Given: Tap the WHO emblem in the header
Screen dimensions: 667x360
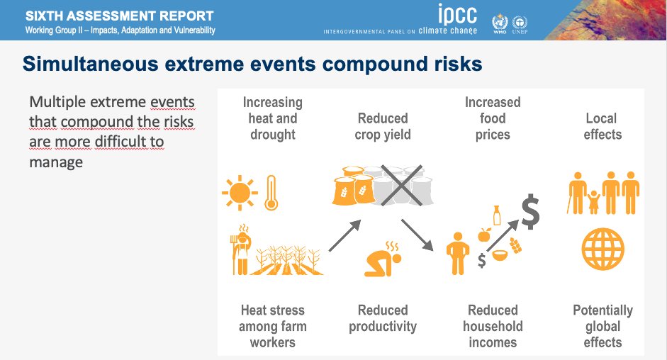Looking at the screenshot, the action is (x=500, y=23).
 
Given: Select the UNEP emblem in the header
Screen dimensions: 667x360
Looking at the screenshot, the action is (x=520, y=25).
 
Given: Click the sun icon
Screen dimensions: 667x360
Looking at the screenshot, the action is (x=240, y=193).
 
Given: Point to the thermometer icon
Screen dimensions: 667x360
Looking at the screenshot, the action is (x=271, y=193).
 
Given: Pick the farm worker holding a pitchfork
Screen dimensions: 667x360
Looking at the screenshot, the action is (x=241, y=249).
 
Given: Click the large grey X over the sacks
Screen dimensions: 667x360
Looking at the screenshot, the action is (x=402, y=186).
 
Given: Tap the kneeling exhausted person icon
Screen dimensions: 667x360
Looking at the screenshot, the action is (x=383, y=259).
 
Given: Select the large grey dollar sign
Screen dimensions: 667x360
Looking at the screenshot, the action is (x=530, y=211).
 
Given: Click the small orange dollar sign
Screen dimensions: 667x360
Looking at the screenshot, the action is (x=481, y=260).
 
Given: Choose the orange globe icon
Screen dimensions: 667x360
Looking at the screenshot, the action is (x=602, y=249).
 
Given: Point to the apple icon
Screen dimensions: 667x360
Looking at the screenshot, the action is (x=485, y=235).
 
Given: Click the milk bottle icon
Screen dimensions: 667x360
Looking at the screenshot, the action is (x=496, y=215).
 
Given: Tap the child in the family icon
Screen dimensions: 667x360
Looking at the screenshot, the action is (x=593, y=202).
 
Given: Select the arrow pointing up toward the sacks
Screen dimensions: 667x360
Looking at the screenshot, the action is (x=344, y=236).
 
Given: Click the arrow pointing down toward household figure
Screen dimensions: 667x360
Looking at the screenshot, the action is (x=417, y=235).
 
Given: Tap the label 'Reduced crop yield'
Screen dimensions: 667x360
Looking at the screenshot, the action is (x=383, y=126).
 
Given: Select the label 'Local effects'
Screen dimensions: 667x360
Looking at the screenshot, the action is (x=602, y=126).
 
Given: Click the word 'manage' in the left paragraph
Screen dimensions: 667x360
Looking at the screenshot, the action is (x=56, y=162).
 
